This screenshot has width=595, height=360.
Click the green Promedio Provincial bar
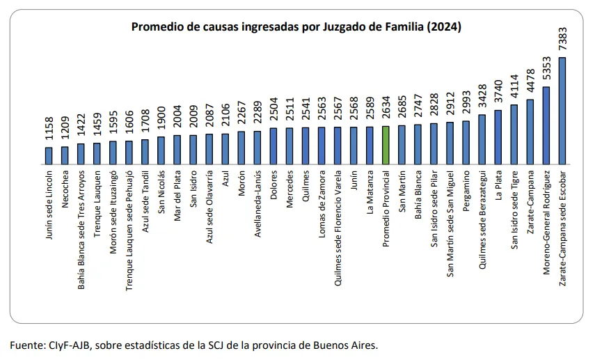pyautogui.click(x=386, y=145)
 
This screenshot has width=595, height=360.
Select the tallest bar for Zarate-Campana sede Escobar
pyautogui.click(x=562, y=110)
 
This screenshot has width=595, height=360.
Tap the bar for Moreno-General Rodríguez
pyautogui.click(x=546, y=125)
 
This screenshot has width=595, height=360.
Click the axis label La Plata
pyautogui.click(x=498, y=183)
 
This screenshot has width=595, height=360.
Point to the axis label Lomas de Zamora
pyautogui.click(x=322, y=198)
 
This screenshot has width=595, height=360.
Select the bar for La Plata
pyautogui.click(x=498, y=136)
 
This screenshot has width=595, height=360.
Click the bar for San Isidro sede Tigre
pyautogui.click(x=514, y=134)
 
